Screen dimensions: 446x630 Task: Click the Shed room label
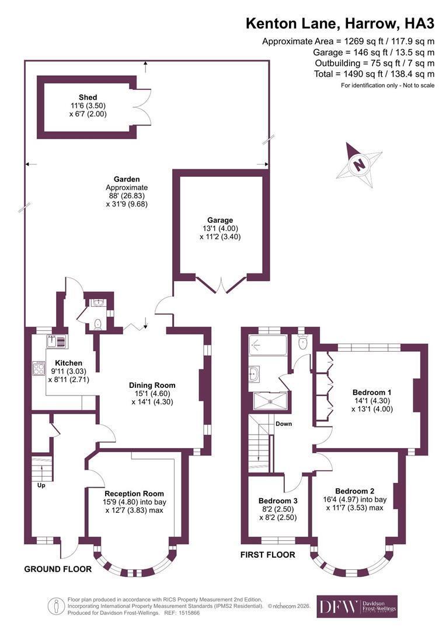[88, 97]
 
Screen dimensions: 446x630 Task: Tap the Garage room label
[220, 220]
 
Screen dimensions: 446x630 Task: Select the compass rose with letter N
[359, 164]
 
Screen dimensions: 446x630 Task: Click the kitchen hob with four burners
[39, 369]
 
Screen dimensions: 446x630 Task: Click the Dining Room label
[152, 385]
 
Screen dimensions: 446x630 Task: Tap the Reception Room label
[134, 494]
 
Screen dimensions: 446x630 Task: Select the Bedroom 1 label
[372, 392]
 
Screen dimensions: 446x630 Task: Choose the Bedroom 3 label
[278, 501]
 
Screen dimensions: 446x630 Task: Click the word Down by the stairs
[284, 423]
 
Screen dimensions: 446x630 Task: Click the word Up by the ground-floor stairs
[41, 485]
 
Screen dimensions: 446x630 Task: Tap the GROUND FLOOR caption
[58, 569]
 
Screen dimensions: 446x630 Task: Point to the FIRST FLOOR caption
[268, 555]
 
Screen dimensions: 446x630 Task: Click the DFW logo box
[357, 606]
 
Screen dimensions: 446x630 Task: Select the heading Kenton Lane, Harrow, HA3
[340, 24]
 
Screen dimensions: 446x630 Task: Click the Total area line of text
[374, 74]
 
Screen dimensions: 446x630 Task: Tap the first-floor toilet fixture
[303, 342]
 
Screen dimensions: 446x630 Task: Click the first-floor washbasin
[254, 373]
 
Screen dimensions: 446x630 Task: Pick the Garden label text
[127, 179]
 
